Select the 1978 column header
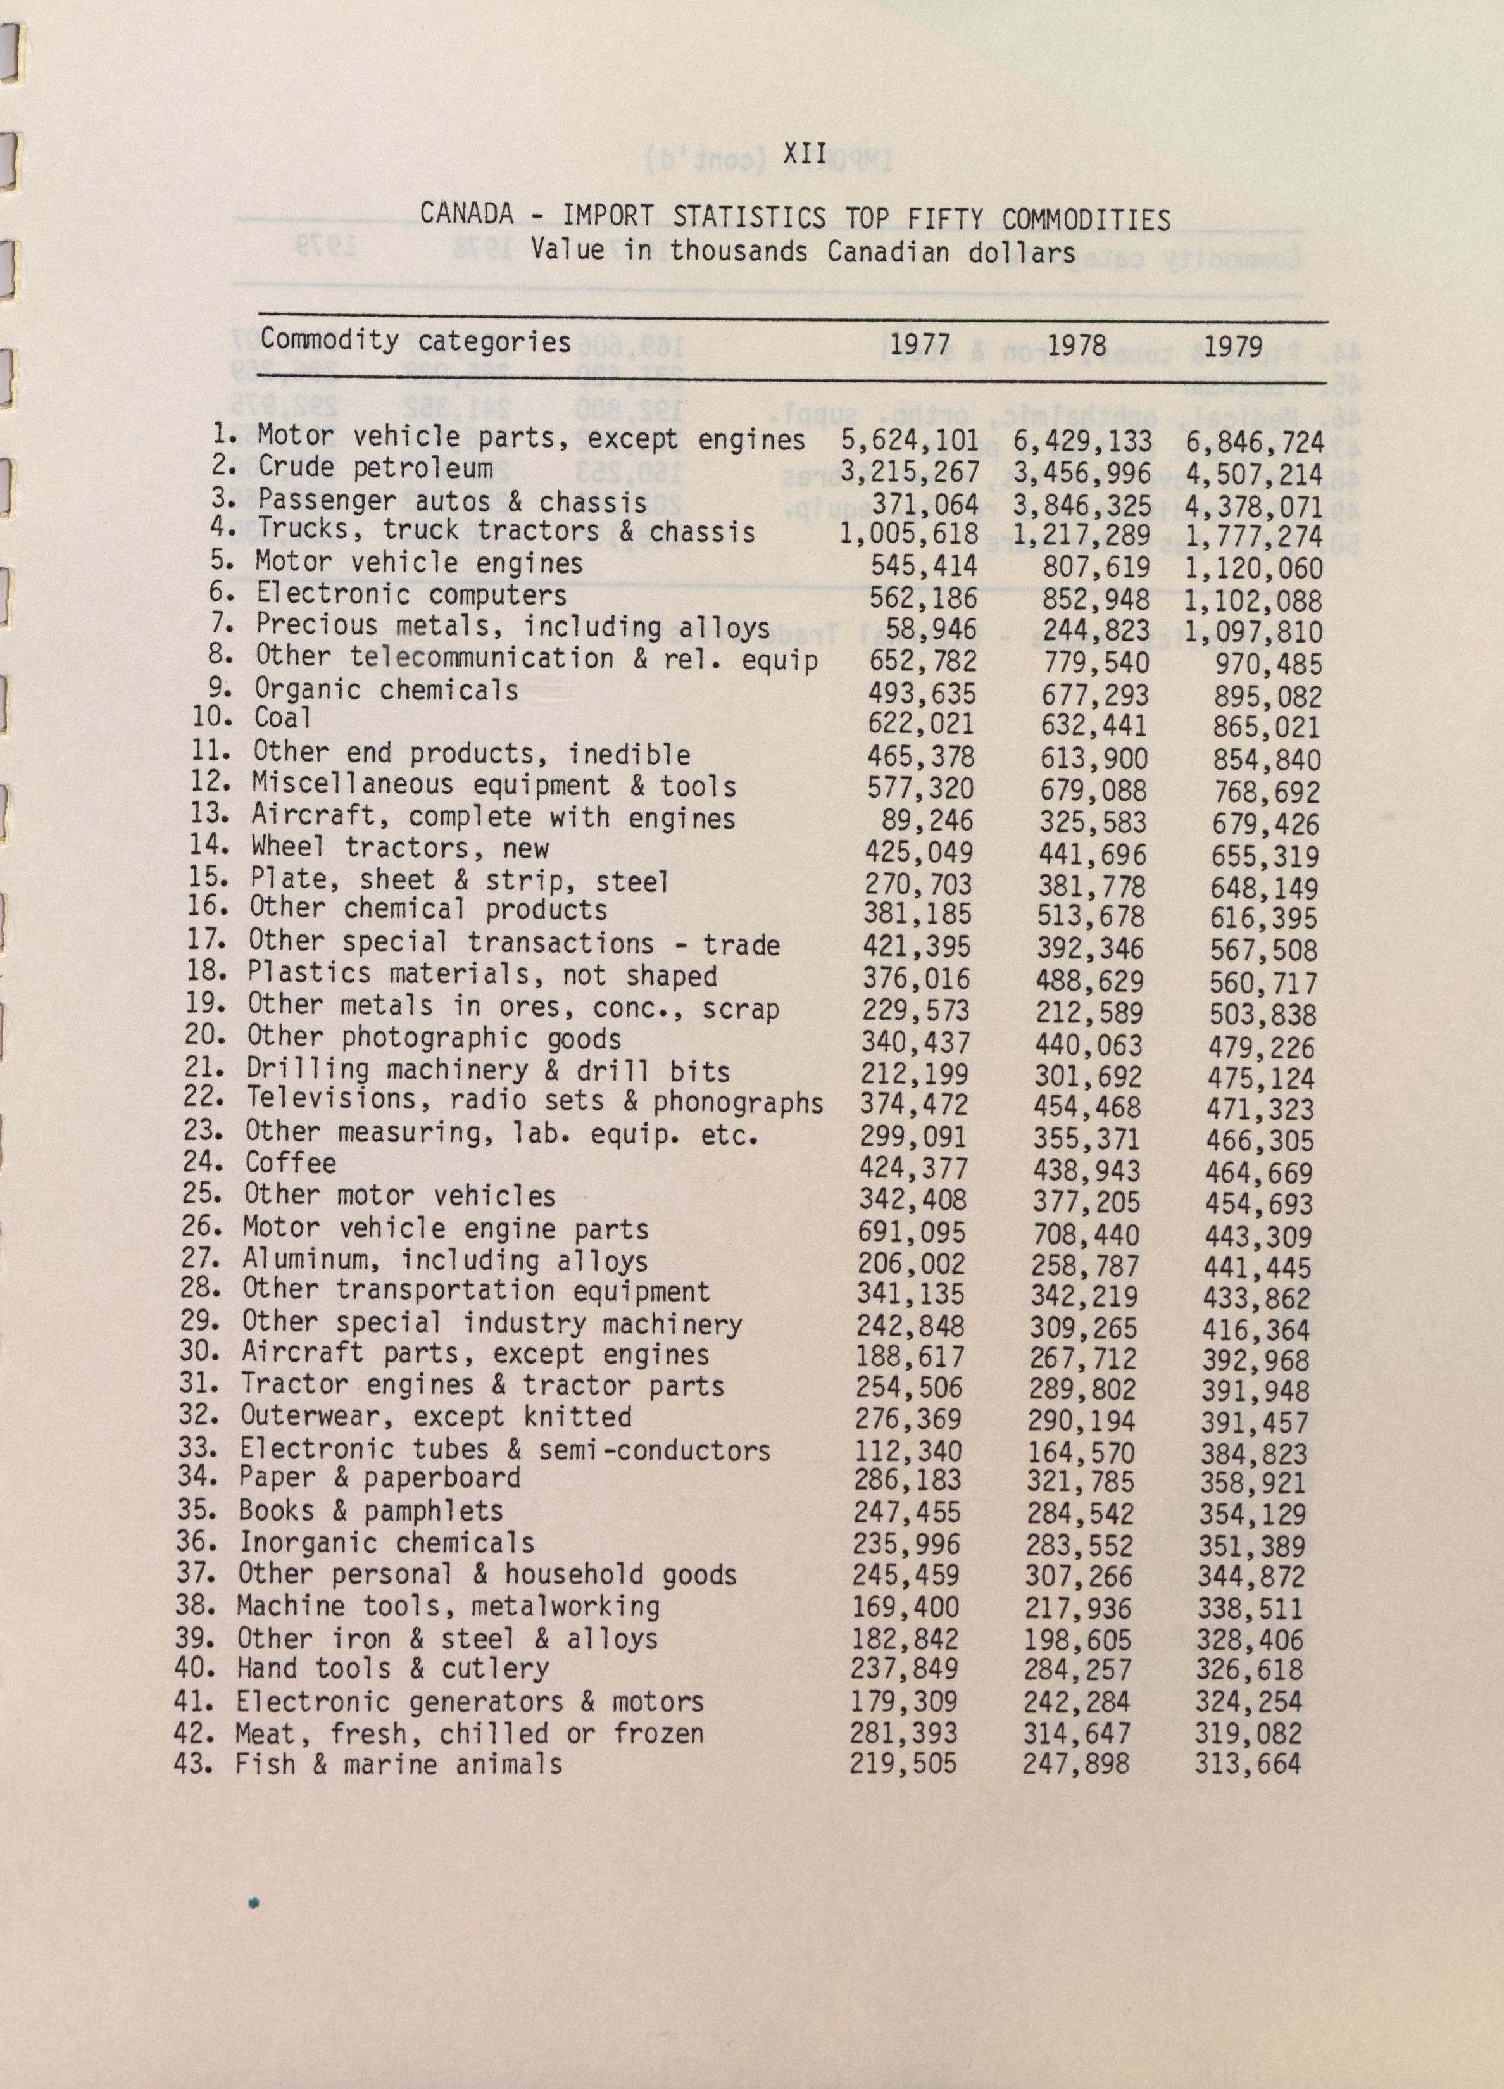(x=1077, y=346)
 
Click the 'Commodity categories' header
(x=415, y=342)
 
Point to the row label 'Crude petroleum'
(x=375, y=467)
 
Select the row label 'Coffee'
(x=290, y=1164)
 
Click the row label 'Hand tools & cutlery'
(x=392, y=1668)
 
